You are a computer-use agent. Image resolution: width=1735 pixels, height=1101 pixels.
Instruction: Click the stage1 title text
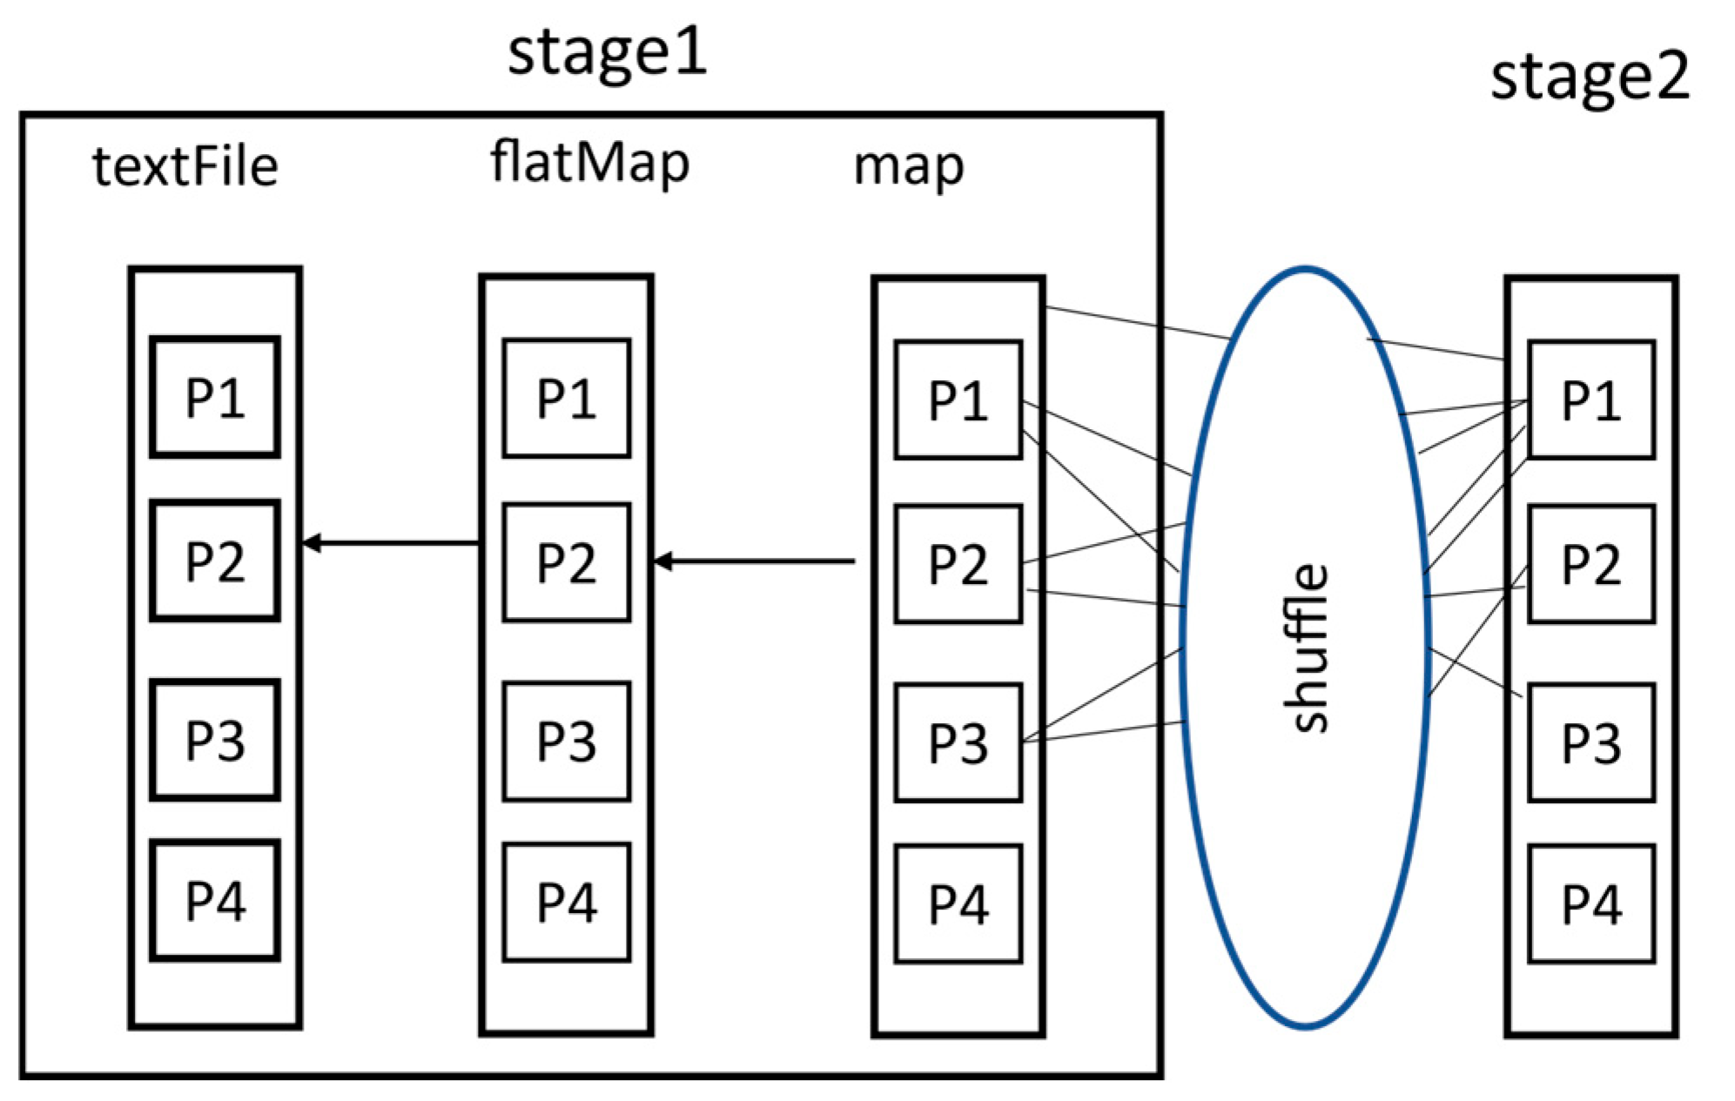click(607, 52)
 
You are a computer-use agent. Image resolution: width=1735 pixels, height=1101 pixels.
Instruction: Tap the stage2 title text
click(1589, 77)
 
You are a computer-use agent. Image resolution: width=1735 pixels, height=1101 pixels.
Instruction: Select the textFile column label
click(185, 166)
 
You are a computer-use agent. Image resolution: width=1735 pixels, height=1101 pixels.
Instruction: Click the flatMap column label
click(589, 163)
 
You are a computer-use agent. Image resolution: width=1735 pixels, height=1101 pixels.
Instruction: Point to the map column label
click(908, 166)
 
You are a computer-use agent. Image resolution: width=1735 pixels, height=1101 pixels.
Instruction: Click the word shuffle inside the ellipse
click(1306, 648)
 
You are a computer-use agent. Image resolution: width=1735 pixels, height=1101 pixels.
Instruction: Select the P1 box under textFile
click(215, 397)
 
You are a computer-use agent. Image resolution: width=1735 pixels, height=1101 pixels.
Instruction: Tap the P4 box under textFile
click(215, 901)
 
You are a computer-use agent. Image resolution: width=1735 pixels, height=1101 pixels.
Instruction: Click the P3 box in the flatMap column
click(566, 742)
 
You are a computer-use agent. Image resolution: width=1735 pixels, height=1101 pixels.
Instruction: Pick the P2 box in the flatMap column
click(566, 562)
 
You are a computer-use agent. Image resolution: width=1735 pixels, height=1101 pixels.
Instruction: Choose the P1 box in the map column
click(958, 400)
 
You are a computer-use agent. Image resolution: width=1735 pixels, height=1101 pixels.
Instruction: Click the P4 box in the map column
click(958, 903)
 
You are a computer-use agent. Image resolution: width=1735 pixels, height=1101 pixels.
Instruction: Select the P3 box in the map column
click(958, 742)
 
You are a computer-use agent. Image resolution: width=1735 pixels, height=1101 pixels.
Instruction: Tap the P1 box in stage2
click(1590, 400)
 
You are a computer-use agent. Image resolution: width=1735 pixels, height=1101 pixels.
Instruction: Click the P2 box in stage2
click(1590, 564)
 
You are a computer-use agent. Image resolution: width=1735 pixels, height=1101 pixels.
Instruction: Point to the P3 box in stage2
click(1590, 742)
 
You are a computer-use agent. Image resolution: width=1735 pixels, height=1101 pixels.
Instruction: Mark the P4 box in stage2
click(1590, 903)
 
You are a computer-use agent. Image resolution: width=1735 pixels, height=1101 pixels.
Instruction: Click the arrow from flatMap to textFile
click(392, 543)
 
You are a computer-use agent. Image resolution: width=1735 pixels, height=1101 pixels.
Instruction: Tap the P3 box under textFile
click(215, 740)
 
